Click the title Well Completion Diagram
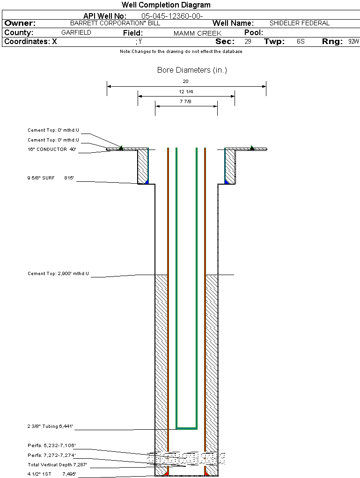166,5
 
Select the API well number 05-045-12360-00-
172,16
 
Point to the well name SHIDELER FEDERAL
300,23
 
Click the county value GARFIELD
76,33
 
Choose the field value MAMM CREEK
198,33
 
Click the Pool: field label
254,33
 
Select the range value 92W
353,42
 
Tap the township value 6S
301,42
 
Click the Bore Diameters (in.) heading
192,70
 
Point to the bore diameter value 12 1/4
186,92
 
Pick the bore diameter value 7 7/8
186,102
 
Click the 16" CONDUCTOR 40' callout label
52,149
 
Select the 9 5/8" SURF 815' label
51,178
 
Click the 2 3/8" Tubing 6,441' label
51,426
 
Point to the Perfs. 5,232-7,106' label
51,445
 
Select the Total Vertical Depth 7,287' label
57,465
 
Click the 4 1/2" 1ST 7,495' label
51,474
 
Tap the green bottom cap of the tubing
186,428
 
